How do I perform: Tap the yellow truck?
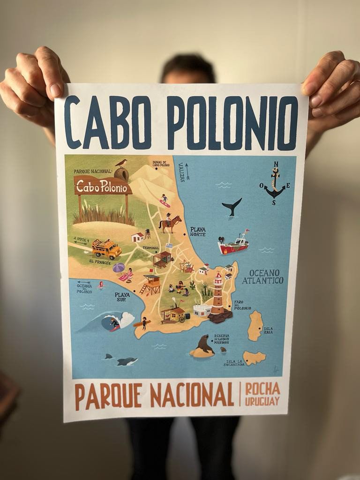[x=107, y=248]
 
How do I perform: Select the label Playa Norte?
[x=198, y=231]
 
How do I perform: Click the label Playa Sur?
[x=122, y=297]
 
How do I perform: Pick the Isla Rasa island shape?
[x=255, y=325]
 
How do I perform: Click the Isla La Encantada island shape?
[x=254, y=358]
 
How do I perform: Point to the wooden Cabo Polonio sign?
[x=103, y=186]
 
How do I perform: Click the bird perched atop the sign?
[x=121, y=163]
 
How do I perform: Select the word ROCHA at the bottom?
[x=262, y=389]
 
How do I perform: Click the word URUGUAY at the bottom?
[x=262, y=401]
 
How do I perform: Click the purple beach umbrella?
[x=119, y=268]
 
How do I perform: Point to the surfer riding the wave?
[x=114, y=323]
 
